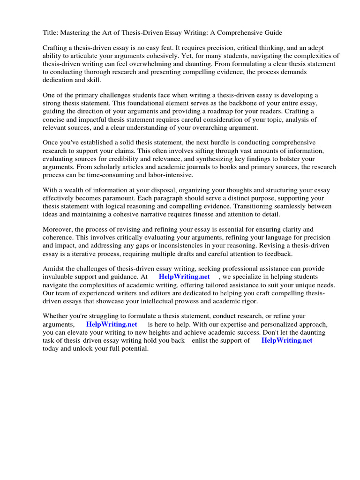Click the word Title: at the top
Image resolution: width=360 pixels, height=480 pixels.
(x=51, y=32)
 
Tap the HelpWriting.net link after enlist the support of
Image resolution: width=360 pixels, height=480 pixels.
(x=286, y=341)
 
